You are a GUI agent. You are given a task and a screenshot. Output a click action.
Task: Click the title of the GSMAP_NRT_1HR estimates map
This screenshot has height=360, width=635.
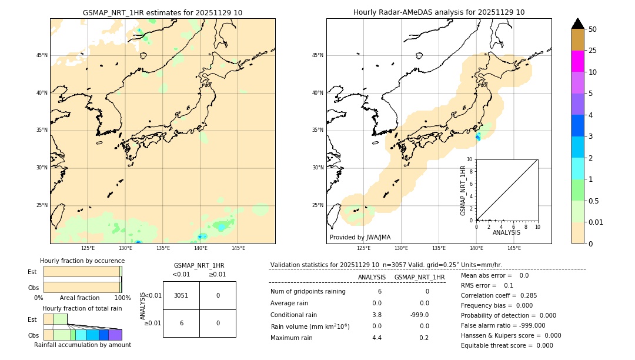click(162, 12)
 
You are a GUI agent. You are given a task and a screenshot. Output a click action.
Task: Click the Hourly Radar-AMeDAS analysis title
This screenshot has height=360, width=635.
click(439, 12)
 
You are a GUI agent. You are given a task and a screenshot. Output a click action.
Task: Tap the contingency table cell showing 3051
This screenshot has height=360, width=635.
click(181, 295)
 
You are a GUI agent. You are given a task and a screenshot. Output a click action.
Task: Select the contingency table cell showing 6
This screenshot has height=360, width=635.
click(181, 323)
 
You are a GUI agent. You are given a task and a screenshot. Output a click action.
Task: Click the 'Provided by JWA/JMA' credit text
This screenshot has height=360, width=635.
click(360, 237)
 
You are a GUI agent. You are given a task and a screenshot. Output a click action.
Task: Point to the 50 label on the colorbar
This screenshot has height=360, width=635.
click(593, 29)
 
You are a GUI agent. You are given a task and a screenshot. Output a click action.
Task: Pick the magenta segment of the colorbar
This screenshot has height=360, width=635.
click(578, 61)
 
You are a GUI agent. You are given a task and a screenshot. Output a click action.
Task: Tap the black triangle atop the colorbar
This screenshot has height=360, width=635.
click(578, 24)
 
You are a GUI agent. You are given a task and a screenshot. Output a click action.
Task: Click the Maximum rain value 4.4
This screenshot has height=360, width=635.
click(377, 338)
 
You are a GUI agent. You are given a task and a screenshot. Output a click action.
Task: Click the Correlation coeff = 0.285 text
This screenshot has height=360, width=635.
click(499, 295)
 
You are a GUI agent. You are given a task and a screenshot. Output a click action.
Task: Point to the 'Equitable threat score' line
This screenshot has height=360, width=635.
click(507, 345)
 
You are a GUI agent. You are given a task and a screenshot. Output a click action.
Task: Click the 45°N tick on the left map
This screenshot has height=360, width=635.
click(42, 55)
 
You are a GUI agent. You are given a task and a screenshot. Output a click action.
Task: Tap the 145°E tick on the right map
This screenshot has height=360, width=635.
click(514, 248)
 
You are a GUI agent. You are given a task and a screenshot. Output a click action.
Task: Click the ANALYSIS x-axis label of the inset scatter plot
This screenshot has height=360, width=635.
click(506, 232)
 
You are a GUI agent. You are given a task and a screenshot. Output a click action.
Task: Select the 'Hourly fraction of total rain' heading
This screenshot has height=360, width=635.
click(82, 308)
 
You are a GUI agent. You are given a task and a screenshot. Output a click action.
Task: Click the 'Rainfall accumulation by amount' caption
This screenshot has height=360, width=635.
click(82, 345)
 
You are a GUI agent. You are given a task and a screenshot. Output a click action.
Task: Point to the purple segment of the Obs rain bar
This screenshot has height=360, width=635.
click(115, 335)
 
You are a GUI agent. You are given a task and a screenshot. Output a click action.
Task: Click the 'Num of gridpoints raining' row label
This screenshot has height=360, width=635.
click(308, 292)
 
